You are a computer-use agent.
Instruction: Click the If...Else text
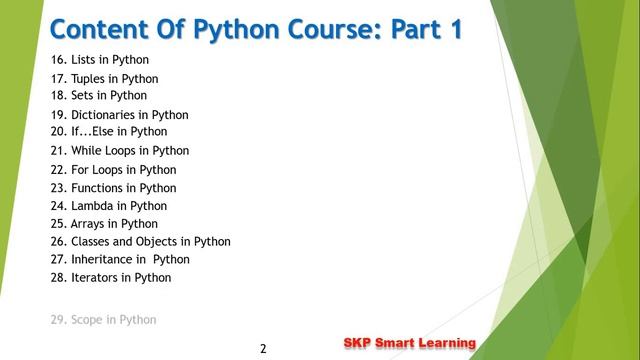(96, 131)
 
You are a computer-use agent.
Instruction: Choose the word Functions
(104, 188)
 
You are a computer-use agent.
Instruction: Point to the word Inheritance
(105, 260)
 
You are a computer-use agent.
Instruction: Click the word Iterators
(97, 278)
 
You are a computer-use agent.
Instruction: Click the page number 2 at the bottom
(263, 349)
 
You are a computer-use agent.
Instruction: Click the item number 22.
(58, 170)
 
